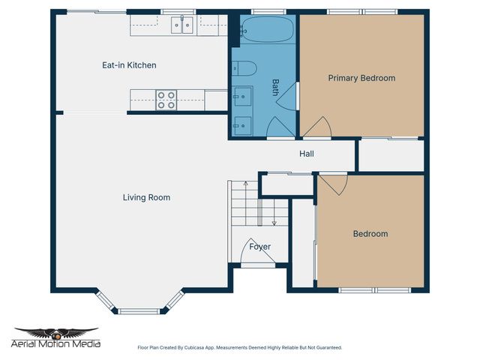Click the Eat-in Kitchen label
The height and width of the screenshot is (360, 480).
pyautogui.click(x=129, y=65)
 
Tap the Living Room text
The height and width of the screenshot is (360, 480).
pyautogui.click(x=146, y=198)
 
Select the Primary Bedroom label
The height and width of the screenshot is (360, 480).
pyautogui.click(x=361, y=78)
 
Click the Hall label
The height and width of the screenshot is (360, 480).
pyautogui.click(x=307, y=154)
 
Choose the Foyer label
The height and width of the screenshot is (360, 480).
pyautogui.click(x=259, y=247)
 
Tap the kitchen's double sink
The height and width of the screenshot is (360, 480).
pyautogui.click(x=181, y=26)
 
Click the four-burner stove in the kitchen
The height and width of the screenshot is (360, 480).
pyautogui.click(x=166, y=100)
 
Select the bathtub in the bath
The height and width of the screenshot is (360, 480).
pyautogui.click(x=267, y=30)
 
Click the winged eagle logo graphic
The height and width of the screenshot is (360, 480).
pyautogui.click(x=56, y=333)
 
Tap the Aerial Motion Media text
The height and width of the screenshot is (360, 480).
pyautogui.click(x=56, y=344)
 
